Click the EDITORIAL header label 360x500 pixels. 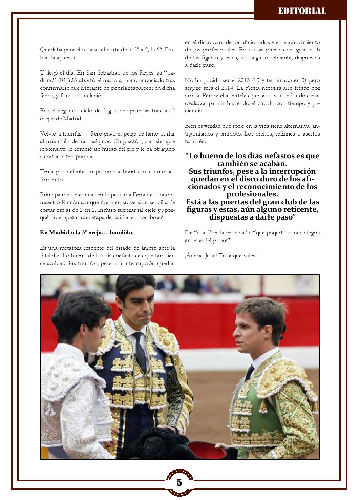point(302,11)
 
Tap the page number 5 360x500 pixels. point(179,482)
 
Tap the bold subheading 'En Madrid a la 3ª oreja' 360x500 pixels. point(86,232)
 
